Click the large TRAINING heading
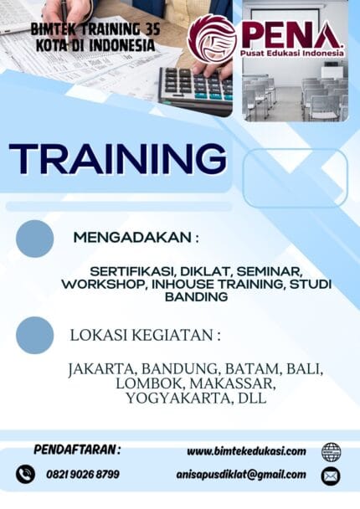tap(117, 158)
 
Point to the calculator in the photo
tap(195, 88)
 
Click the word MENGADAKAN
tap(133, 237)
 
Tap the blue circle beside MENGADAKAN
tap(34, 238)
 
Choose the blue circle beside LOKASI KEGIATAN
tap(34, 335)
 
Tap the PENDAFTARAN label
tap(77, 450)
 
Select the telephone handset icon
tap(25, 475)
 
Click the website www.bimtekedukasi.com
tap(245, 451)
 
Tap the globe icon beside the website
tap(331, 452)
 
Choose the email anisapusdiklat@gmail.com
tap(240, 475)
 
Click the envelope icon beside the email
tap(331, 476)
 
